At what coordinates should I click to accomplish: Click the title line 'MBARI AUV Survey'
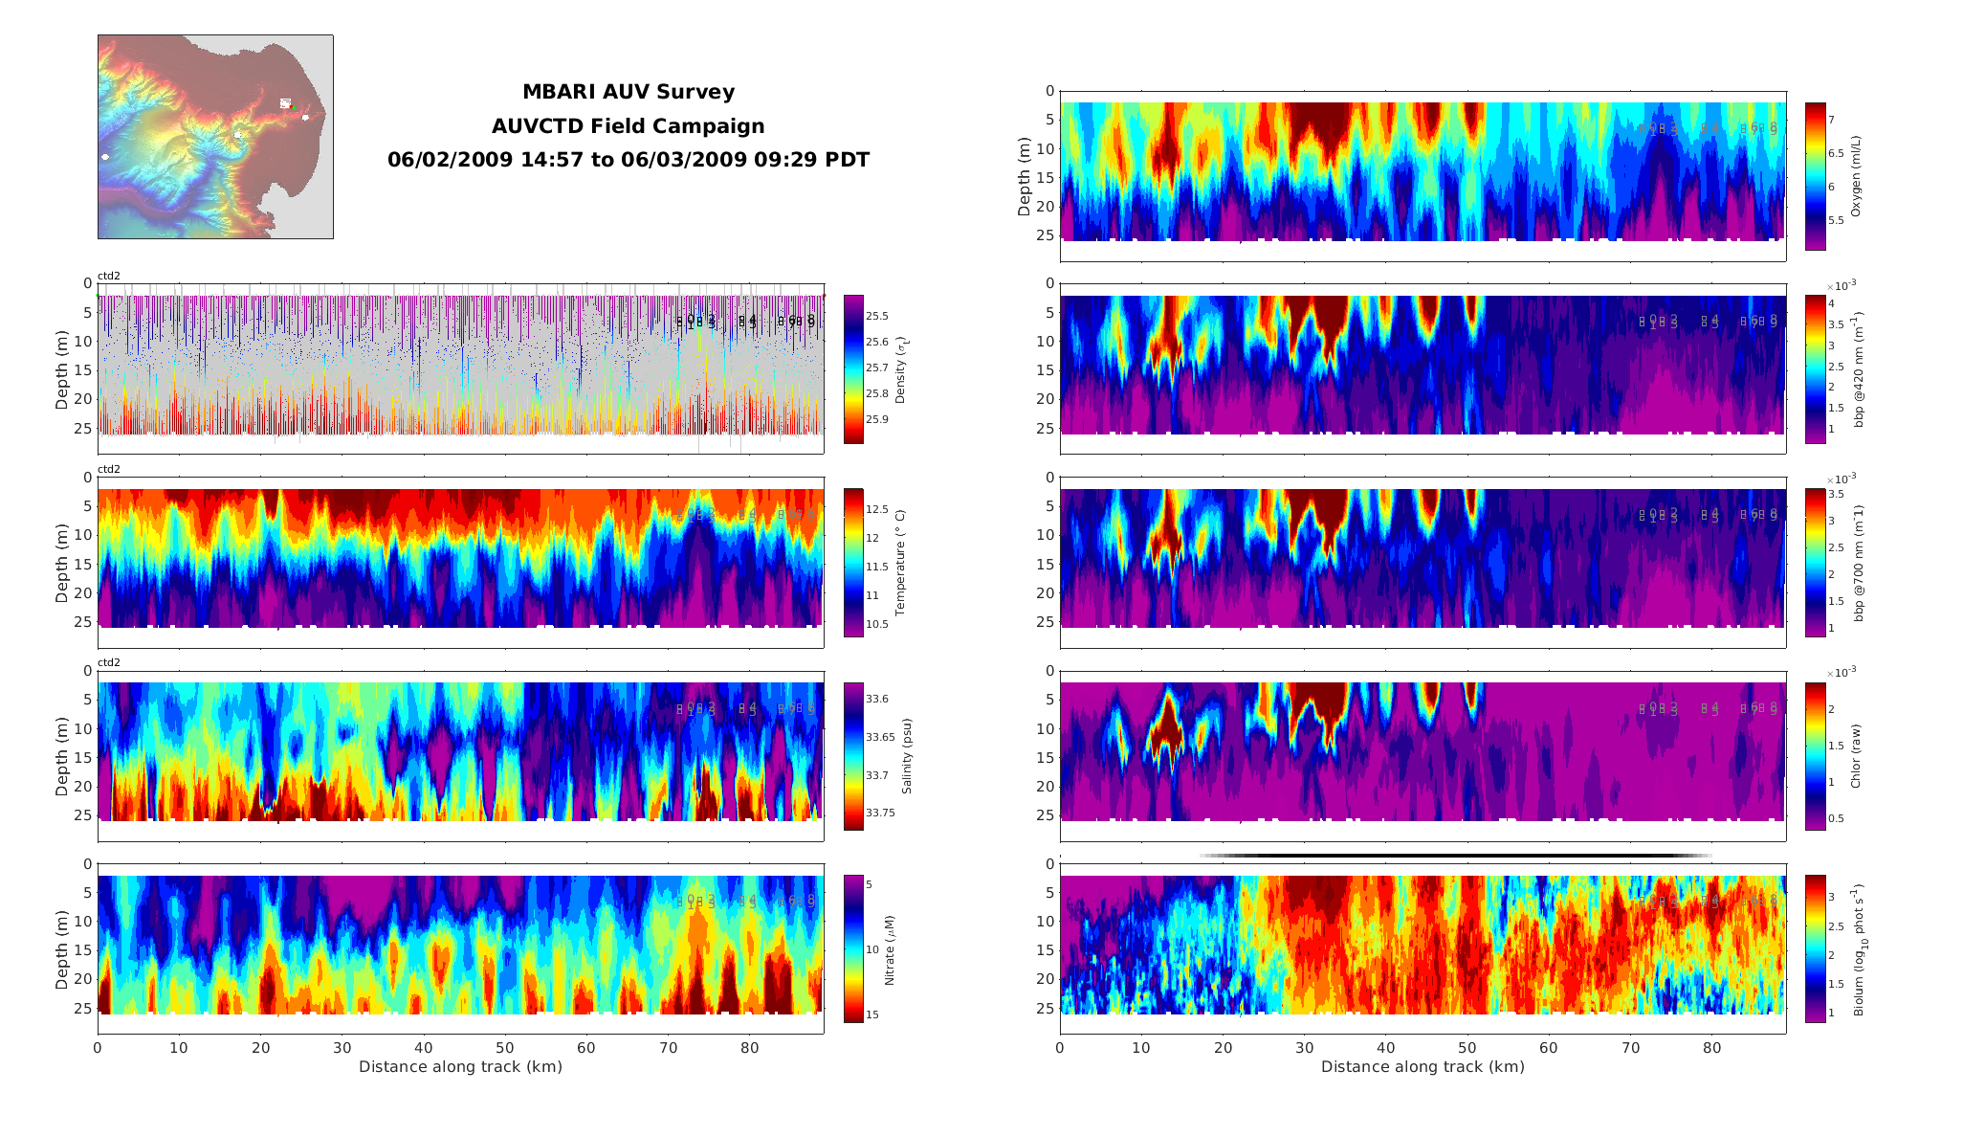coord(628,92)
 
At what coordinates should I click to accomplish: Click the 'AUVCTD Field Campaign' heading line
coord(628,126)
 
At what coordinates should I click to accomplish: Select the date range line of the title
coord(628,160)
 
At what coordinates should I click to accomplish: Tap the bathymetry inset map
coord(215,137)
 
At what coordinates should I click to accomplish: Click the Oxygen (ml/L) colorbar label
coord(1856,176)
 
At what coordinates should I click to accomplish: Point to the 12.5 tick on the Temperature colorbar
coord(877,510)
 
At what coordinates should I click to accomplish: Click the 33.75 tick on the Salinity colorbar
coord(880,813)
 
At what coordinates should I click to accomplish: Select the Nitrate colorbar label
coord(890,949)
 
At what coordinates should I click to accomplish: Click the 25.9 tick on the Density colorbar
coord(877,419)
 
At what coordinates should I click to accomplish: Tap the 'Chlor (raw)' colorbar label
coord(1856,756)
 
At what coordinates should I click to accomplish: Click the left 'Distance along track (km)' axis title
coord(460,1066)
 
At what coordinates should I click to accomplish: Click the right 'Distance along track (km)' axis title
coord(1423,1066)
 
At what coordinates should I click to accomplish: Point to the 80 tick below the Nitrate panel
coord(750,1048)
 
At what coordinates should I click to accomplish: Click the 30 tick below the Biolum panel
coord(1305,1048)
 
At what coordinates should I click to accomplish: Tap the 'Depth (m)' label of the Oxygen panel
coord(1024,176)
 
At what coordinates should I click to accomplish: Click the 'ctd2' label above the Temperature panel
coord(109,469)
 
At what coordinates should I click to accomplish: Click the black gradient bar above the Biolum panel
coord(1454,856)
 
